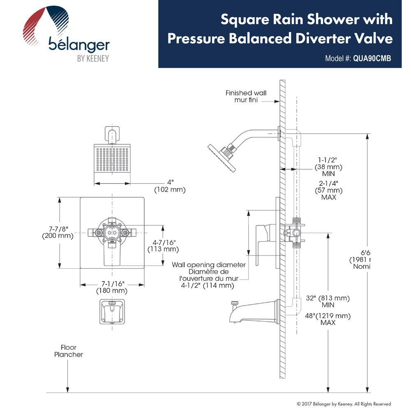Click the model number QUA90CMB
tap(372, 58)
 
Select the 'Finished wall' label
tap(246, 93)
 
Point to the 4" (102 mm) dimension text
tap(170, 186)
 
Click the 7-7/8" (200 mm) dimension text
tap(58, 232)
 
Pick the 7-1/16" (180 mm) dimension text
tap(111, 287)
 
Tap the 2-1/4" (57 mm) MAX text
tap(328, 190)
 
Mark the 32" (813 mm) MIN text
tap(330, 301)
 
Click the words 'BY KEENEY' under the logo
tap(93, 58)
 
